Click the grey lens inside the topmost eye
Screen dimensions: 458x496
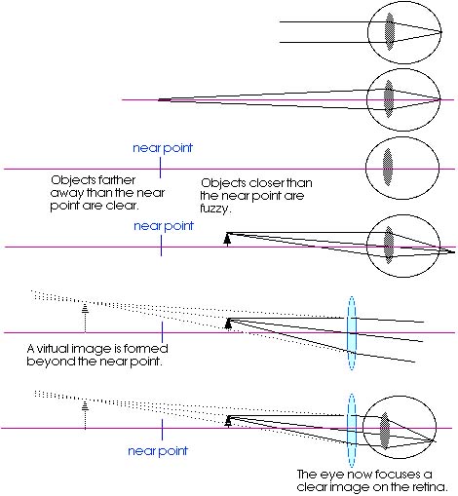pyautogui.click(x=390, y=31)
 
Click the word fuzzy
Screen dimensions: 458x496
pyautogui.click(x=215, y=209)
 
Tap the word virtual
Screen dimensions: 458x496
pyautogui.click(x=53, y=349)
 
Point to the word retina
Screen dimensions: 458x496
pyautogui.click(x=430, y=487)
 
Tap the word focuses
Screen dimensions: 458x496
pyautogui.click(x=384, y=475)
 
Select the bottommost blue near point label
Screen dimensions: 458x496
pyautogui.click(x=158, y=451)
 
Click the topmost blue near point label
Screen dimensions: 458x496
pyautogui.click(x=163, y=148)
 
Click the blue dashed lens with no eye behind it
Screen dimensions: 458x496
pyautogui.click(x=352, y=333)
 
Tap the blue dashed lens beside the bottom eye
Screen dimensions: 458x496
pyautogui.click(x=352, y=431)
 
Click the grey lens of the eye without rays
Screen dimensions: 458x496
pyautogui.click(x=388, y=168)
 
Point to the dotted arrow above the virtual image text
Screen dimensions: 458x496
pyautogui.click(x=85, y=318)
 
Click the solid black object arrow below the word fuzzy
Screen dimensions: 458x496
pyautogui.click(x=228, y=240)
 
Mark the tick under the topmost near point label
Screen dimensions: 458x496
pyautogui.click(x=160, y=168)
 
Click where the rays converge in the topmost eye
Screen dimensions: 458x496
pyautogui.click(x=440, y=32)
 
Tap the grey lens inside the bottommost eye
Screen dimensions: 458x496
pyautogui.click(x=385, y=431)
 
